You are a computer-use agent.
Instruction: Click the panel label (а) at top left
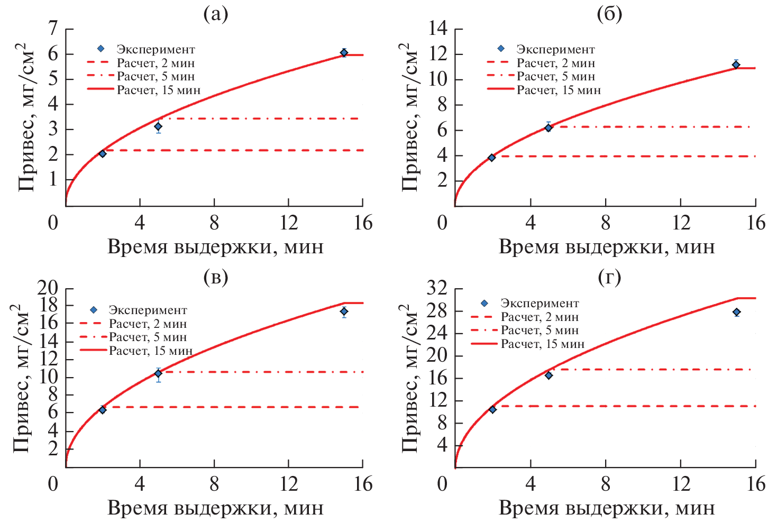tap(215, 14)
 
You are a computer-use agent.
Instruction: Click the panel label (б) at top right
tap(609, 14)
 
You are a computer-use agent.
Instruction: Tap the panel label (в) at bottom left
tap(215, 277)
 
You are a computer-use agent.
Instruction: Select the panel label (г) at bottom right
tap(609, 277)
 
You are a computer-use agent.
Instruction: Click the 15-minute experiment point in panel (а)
tap(344, 52)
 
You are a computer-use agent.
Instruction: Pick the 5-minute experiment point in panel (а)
tap(158, 126)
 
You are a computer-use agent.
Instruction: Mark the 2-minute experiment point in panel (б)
tap(491, 158)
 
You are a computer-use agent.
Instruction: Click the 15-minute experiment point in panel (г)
tap(736, 313)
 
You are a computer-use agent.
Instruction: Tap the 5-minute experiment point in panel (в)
tap(158, 373)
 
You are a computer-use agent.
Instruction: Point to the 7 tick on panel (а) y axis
tap(53, 29)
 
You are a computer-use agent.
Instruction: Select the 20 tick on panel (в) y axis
tap(48, 288)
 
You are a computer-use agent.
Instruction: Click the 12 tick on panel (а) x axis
tap(288, 223)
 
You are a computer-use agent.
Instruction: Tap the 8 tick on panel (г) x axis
tap(606, 484)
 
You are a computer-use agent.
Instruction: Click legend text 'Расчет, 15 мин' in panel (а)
tap(159, 90)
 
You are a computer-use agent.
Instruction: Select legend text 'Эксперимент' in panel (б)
tap(555, 50)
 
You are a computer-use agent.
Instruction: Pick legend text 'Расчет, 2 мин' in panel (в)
tap(148, 324)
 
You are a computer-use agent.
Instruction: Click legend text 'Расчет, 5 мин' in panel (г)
tap(540, 331)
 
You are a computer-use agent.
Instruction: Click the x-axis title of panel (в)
tap(215, 508)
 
